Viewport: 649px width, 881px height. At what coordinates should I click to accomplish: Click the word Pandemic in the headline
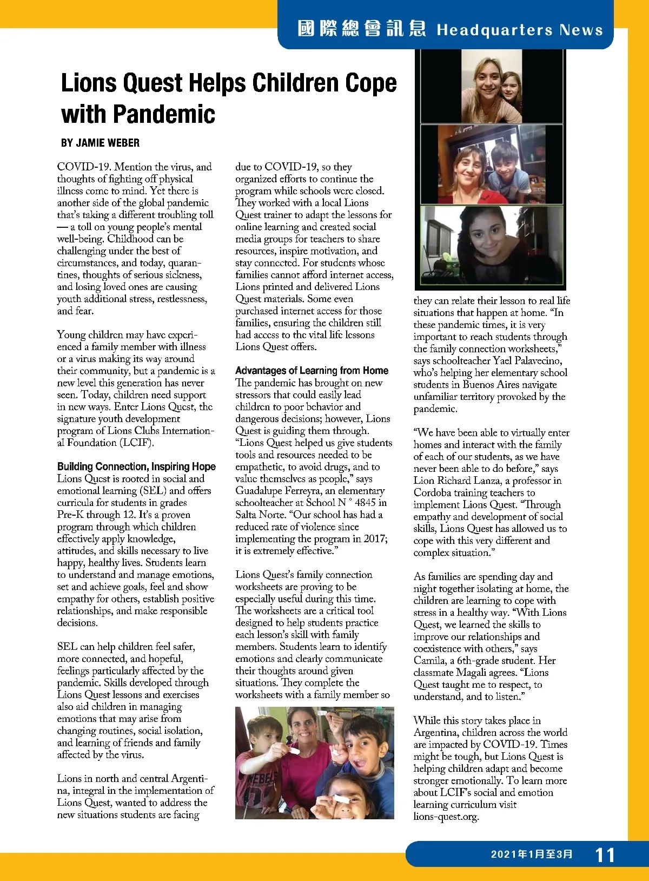pos(165,114)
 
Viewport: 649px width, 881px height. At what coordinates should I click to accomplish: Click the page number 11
pos(605,855)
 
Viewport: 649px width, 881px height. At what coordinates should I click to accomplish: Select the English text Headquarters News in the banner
pos(520,30)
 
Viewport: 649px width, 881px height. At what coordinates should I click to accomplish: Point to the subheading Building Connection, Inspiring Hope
pos(136,466)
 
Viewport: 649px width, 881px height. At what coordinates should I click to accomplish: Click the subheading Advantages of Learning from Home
pos(312,371)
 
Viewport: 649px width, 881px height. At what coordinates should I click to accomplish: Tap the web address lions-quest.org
pos(446,817)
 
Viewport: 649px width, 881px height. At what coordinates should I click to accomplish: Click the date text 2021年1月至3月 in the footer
pos(532,854)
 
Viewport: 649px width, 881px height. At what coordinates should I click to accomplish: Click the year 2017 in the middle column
pos(374,538)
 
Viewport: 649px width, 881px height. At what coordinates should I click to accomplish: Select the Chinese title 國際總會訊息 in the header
pos(361,29)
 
